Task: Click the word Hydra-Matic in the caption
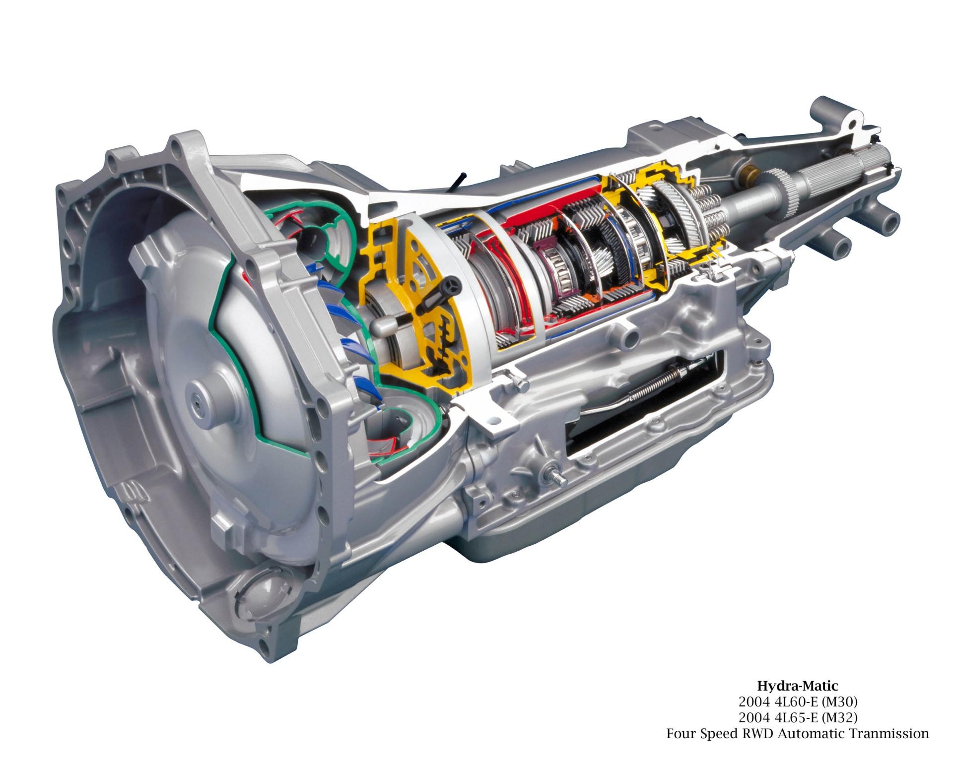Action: (x=798, y=687)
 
